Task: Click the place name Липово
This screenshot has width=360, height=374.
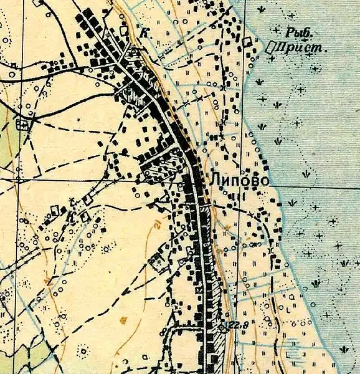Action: [240, 180]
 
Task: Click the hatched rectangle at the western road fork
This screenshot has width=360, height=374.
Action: [24, 124]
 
